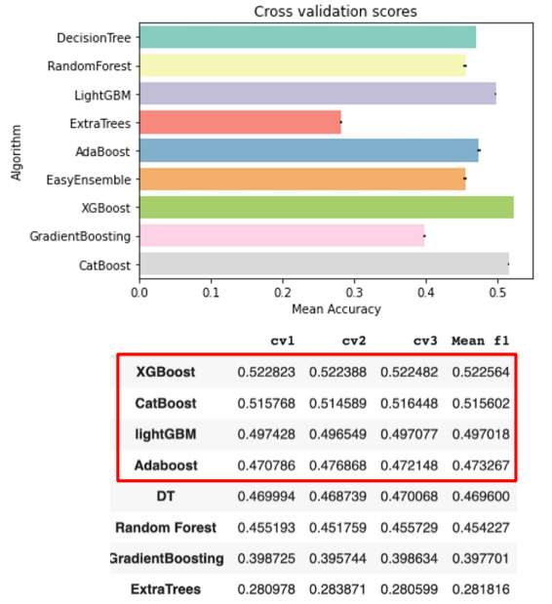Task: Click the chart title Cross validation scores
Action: [335, 12]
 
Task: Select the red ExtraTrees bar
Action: [240, 122]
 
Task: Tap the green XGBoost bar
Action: [326, 208]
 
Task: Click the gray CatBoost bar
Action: [323, 264]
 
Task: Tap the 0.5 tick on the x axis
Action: [496, 291]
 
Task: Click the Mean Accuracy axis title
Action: [335, 308]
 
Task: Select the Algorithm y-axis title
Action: [17, 151]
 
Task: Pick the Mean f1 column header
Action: [481, 342]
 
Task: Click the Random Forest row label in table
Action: [165, 528]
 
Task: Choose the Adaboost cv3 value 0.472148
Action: [411, 465]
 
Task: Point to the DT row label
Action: [165, 497]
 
